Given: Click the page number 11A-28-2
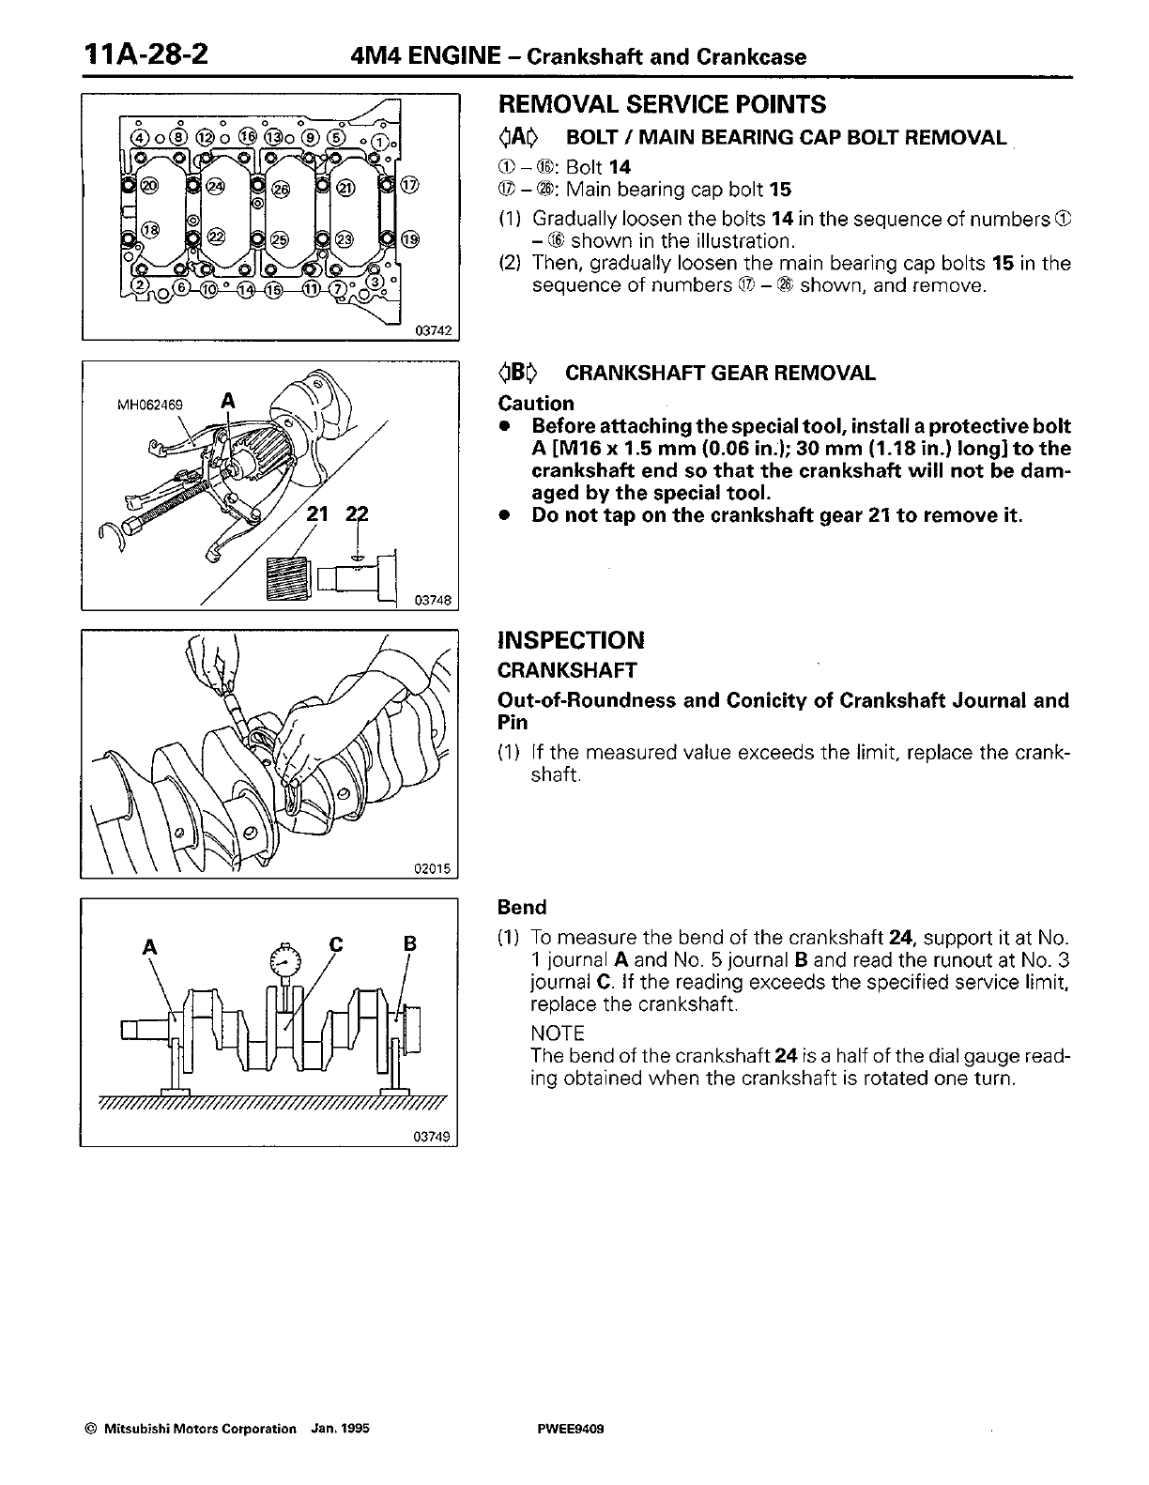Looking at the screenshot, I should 146,54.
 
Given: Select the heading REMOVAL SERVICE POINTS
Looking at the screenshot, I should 662,104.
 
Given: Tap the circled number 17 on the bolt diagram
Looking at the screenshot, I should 409,185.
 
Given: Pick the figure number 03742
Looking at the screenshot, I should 433,330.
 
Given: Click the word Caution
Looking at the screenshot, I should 535,404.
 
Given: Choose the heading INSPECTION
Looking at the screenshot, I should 571,641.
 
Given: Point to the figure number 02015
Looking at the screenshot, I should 433,869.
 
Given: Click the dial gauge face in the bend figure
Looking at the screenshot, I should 284,958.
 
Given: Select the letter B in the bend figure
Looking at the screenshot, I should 408,944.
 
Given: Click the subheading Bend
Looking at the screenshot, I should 522,908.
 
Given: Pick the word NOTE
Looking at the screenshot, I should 558,1033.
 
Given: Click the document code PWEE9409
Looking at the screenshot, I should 566,1429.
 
